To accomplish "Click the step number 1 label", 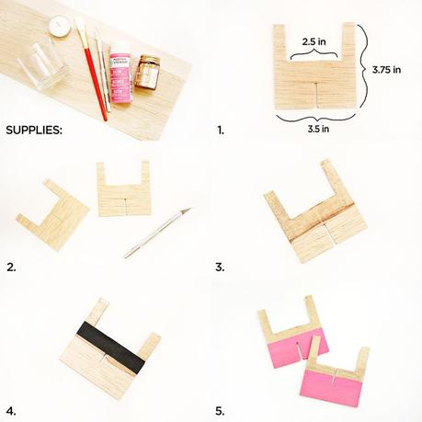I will click(220, 131).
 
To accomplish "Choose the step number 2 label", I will click(12, 268).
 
